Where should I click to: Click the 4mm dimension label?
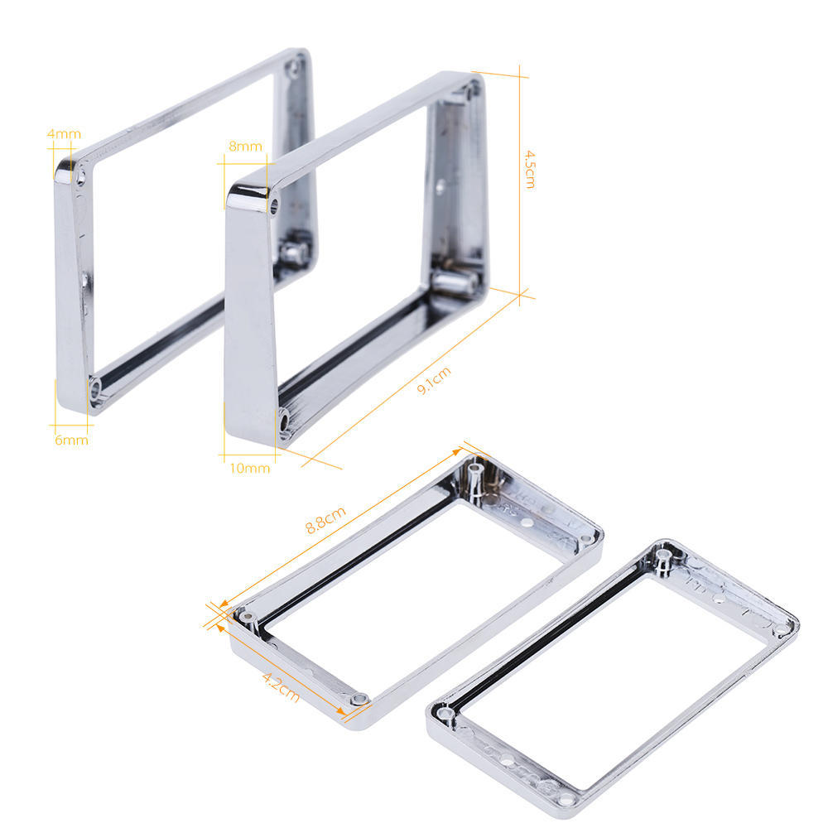pos(64,133)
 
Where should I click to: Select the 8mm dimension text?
pos(245,147)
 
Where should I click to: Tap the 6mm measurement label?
pos(71,440)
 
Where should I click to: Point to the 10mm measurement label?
pos(249,468)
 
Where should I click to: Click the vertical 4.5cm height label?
pos(530,169)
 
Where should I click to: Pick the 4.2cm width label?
pos(281,686)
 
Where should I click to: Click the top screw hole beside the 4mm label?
pos(81,176)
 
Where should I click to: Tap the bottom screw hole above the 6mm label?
pos(96,386)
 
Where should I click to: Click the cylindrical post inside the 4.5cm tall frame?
pos(455,282)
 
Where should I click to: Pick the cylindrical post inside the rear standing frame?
pos(293,251)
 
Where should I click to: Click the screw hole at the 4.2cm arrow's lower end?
pos(358,700)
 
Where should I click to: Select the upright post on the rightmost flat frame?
pos(663,561)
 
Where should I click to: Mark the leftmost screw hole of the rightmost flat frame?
pos(445,711)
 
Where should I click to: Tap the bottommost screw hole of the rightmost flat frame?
pos(566,800)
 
